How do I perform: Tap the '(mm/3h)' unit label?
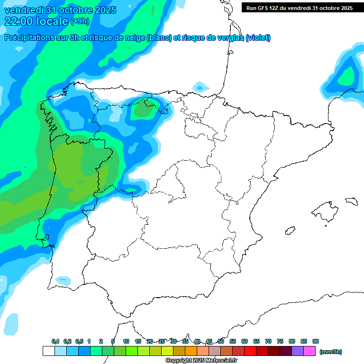330,352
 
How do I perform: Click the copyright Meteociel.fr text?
201,361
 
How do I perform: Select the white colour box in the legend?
48,351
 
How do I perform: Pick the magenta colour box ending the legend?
309,351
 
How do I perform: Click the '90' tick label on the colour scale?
316,341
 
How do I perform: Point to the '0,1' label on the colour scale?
55,341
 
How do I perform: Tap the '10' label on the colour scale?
126,341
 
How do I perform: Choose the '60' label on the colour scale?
245,341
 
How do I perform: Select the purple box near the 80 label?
298,351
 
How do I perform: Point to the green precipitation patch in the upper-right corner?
347,74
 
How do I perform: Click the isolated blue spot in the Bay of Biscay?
201,87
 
